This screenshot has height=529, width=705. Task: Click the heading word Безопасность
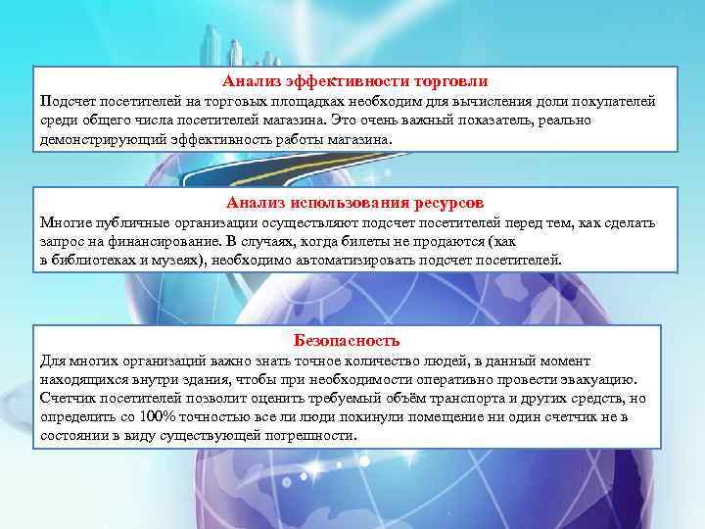347,341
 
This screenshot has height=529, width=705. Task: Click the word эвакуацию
598,379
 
